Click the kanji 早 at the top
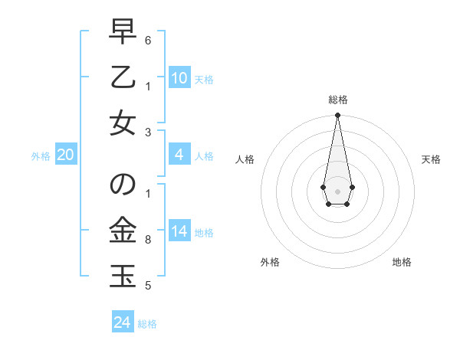tap(122, 33)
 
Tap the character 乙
tap(122, 78)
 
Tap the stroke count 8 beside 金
tap(148, 240)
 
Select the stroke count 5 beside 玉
tap(148, 286)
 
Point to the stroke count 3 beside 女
tap(148, 131)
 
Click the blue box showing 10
tap(179, 77)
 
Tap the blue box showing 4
tap(179, 155)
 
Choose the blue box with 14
tap(179, 231)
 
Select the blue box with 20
tap(65, 155)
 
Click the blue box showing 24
tap(123, 322)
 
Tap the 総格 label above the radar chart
tap(337, 100)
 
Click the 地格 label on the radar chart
tap(402, 262)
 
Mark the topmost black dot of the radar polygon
tap(337, 115)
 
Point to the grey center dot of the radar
tap(337, 190)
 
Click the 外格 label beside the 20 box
tap(41, 156)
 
